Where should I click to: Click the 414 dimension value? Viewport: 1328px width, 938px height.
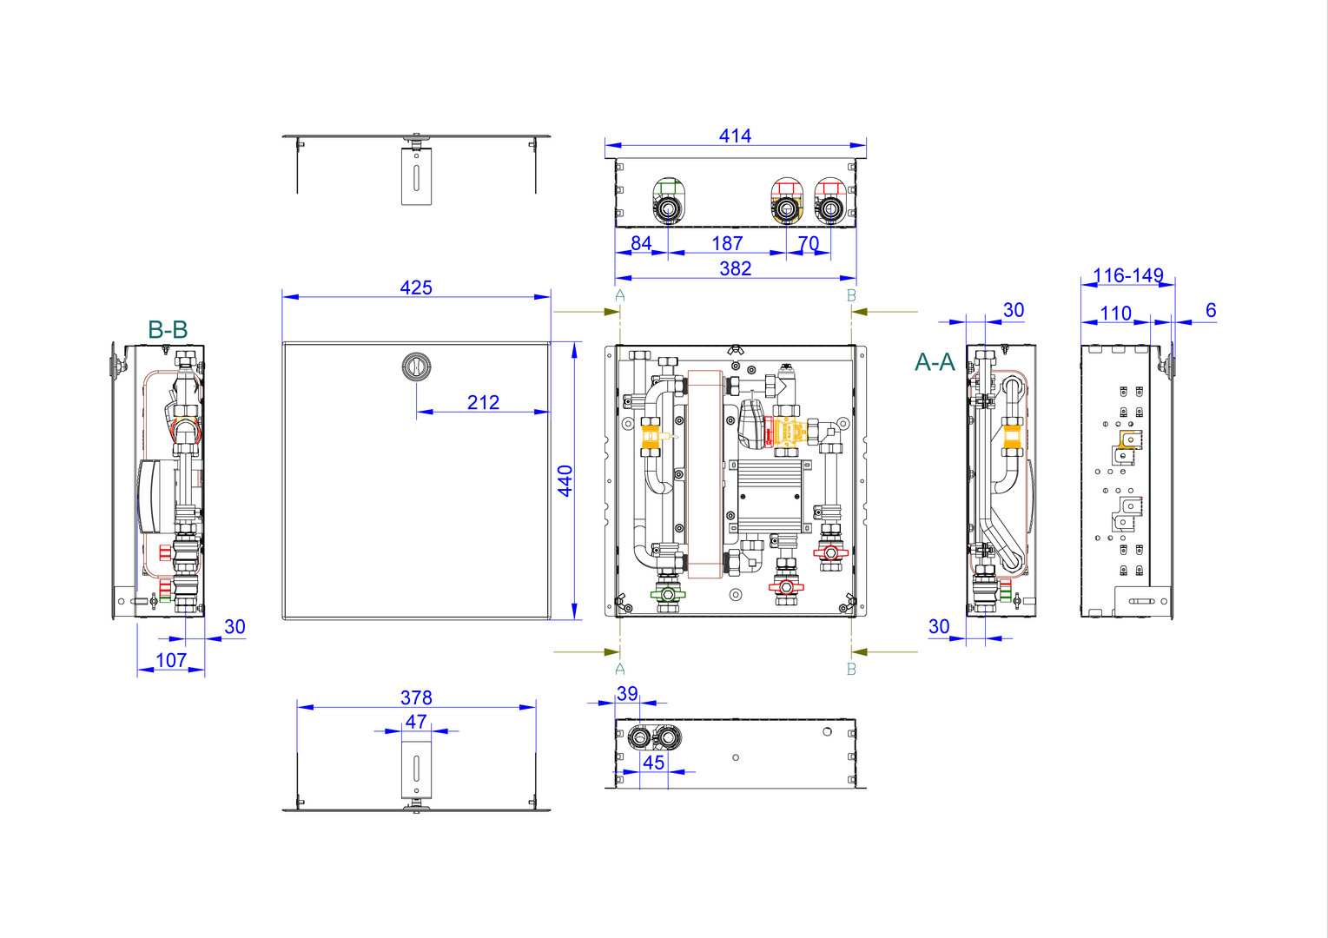pos(735,135)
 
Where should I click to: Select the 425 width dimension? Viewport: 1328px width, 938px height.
pos(415,287)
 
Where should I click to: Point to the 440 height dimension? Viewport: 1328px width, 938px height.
pos(565,481)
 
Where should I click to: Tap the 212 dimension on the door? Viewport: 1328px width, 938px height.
pos(483,403)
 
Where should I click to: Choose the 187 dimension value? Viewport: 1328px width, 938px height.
pos(727,243)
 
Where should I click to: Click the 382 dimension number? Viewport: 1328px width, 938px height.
pos(735,268)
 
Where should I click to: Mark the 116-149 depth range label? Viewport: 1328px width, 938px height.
pos(1127,275)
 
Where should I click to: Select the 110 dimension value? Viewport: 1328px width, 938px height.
pos(1116,313)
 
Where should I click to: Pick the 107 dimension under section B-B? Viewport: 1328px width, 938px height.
pos(171,660)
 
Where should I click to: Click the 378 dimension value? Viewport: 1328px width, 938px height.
pos(416,697)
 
